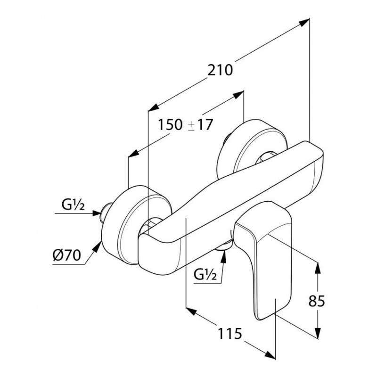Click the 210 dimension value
220,70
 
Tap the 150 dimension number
170,124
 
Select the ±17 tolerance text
201,124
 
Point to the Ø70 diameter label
66,255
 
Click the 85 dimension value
317,301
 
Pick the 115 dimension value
229,334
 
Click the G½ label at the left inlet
73,205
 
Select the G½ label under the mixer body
205,275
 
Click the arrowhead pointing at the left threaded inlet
97,213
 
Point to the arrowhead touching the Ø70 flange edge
98,246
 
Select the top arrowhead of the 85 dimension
318,268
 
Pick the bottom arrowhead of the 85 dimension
318,333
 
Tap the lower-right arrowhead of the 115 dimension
270,355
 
